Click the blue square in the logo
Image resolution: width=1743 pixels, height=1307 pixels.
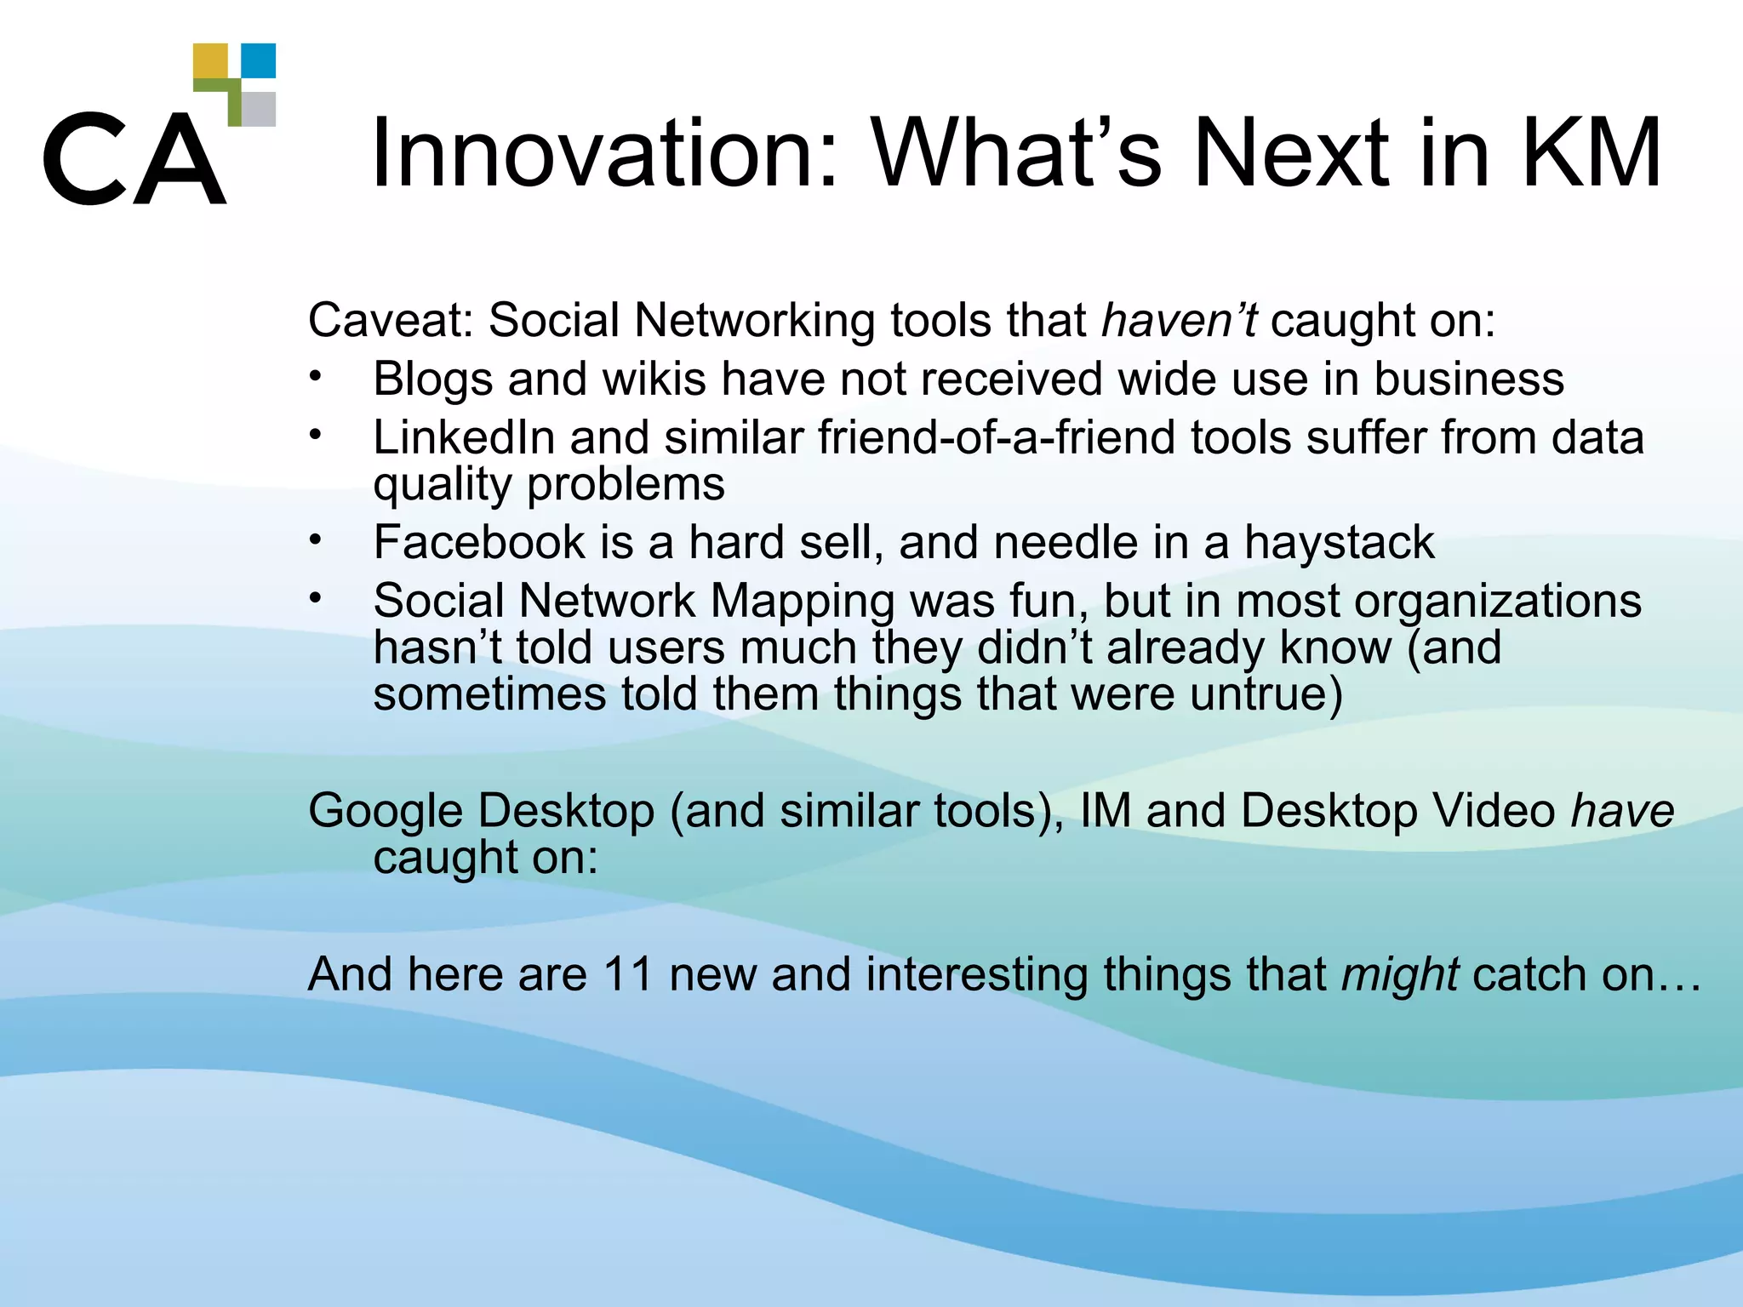[259, 60]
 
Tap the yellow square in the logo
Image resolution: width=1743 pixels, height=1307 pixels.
[210, 61]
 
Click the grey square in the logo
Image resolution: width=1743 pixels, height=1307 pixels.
[259, 109]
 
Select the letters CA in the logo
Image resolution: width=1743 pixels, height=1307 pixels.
[134, 159]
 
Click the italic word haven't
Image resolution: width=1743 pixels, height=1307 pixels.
[1178, 321]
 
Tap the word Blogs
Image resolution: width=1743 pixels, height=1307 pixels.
[432, 380]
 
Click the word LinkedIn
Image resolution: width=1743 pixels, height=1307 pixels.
[464, 437]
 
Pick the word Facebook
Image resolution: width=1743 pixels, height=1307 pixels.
[478, 542]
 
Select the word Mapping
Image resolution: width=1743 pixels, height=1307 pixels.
[802, 602]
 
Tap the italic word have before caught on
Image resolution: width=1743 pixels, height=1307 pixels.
[1621, 810]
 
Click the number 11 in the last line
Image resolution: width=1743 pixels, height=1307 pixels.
[627, 973]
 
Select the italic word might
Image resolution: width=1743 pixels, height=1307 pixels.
[1399, 975]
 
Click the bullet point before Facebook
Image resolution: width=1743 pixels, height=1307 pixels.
[316, 539]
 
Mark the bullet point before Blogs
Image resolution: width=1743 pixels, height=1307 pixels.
[316, 376]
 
